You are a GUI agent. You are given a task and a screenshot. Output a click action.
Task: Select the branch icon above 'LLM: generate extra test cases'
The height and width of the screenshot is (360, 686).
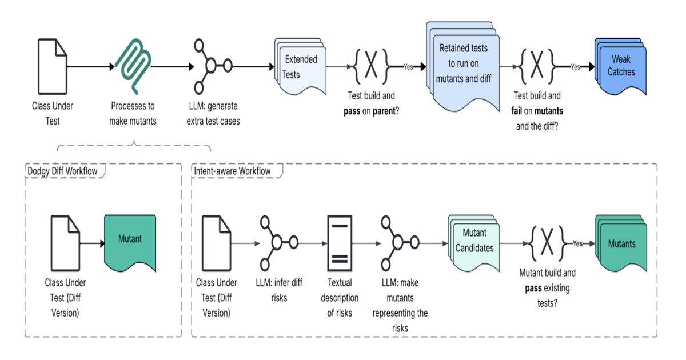tap(211, 66)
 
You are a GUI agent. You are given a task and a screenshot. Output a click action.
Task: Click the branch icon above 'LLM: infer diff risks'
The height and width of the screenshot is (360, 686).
tap(277, 242)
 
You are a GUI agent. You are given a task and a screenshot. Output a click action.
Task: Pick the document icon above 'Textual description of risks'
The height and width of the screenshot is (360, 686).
tap(339, 243)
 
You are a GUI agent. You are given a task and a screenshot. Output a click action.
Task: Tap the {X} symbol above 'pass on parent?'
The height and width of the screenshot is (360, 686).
tap(371, 66)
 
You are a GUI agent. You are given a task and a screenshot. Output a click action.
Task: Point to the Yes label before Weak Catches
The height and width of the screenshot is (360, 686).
tap(575, 67)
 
